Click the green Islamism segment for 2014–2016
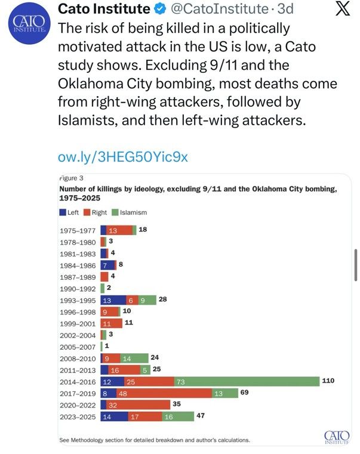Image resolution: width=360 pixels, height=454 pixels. [247, 382]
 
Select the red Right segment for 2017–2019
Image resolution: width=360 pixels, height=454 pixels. [164, 393]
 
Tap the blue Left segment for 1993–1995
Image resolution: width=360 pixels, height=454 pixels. [113, 300]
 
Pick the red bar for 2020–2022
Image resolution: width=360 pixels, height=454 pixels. [139, 404]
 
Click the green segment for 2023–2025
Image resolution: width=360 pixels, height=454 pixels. [178, 416]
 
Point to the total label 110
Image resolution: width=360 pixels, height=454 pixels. [328, 381]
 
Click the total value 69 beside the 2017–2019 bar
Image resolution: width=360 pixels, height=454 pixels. [244, 392]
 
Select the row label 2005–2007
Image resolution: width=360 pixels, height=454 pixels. [78, 347]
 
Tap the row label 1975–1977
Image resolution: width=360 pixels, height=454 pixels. [78, 231]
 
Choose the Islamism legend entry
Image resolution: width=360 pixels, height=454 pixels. [130, 212]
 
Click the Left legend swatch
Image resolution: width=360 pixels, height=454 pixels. [63, 212]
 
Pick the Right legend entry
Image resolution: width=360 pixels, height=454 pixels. [95, 212]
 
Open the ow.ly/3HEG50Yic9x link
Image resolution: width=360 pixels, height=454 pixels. [123, 157]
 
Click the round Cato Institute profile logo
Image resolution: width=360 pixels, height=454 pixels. [30, 23]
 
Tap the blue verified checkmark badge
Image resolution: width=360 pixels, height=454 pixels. [160, 9]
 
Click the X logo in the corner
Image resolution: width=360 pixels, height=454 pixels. [343, 9]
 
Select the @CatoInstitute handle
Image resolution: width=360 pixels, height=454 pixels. [220, 9]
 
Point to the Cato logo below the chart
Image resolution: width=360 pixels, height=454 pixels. [337, 437]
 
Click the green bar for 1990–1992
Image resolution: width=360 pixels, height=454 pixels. [103, 289]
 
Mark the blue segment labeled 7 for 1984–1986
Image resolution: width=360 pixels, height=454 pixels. [107, 265]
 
